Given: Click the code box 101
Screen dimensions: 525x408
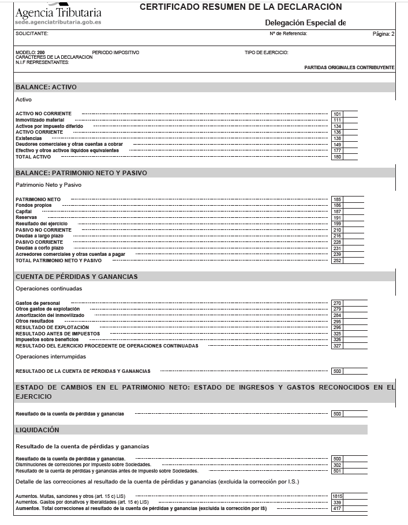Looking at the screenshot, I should pyautogui.click(x=338, y=114).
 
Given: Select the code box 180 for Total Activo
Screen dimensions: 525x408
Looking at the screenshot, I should pyautogui.click(x=338, y=157).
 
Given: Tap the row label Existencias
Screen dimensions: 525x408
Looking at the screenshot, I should pyautogui.click(x=29, y=138).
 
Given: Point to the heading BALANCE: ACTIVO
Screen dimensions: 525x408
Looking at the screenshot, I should pyautogui.click(x=46, y=87).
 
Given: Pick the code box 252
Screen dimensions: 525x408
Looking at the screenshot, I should pyautogui.click(x=338, y=260).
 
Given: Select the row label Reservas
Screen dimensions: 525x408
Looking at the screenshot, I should pyautogui.click(x=27, y=217).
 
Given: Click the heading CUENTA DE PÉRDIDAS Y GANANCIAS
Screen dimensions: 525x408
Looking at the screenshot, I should pyautogui.click(x=77, y=277).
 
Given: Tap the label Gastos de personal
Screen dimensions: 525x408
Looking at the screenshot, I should pyautogui.click(x=38, y=303).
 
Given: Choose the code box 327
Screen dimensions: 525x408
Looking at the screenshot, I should pyautogui.click(x=338, y=346).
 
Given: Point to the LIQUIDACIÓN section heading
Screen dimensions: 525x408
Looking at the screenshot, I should pyautogui.click(x=38, y=430).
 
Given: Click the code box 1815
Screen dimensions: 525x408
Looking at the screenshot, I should pyautogui.click(x=338, y=496).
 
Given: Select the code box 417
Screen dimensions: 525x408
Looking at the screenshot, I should pyautogui.click(x=338, y=508).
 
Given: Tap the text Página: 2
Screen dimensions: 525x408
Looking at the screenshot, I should pyautogui.click(x=384, y=34).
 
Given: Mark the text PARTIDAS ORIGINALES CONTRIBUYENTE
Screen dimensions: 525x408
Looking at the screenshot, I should pyautogui.click(x=349, y=67).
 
